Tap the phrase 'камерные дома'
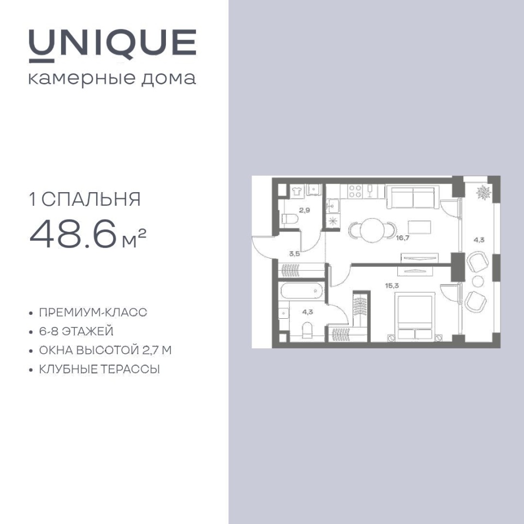point(112,79)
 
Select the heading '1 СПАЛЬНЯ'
point(85,199)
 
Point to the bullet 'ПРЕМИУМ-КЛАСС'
point(93,312)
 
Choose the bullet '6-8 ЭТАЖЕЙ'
point(76,331)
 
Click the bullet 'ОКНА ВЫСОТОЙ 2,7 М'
point(105,350)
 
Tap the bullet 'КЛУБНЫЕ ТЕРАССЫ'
point(99,370)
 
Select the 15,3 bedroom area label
point(392,285)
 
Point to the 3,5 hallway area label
point(294,254)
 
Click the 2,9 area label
point(305,211)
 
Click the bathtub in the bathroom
point(302,291)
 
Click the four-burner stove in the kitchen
point(355,192)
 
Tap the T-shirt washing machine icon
point(296,191)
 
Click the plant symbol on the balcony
point(483,193)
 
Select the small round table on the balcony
point(478,282)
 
